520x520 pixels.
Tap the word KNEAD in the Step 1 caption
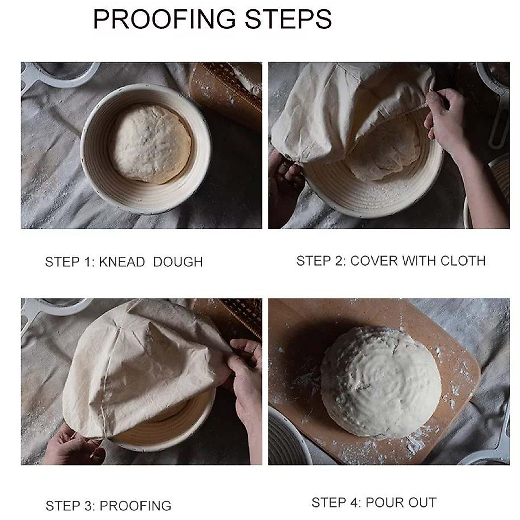[x=122, y=262]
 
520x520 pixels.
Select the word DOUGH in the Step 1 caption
[x=178, y=262]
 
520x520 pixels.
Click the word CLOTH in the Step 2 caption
[x=463, y=261]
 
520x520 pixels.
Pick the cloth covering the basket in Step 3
[x=143, y=368]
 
